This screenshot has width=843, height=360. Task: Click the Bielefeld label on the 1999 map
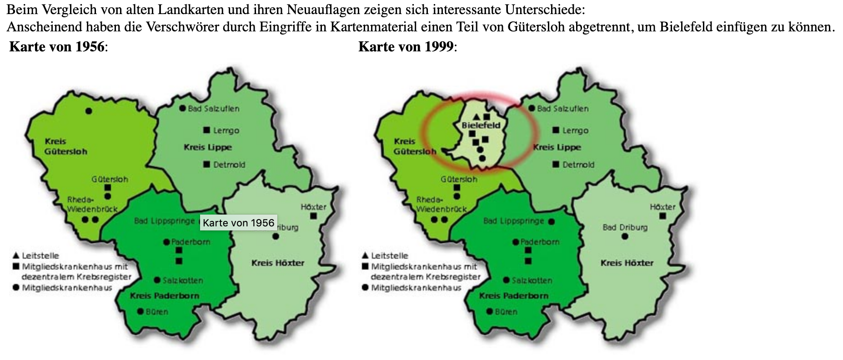[x=481, y=125]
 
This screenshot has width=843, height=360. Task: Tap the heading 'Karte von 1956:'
[x=58, y=47]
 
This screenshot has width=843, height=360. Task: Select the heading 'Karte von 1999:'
[x=407, y=47]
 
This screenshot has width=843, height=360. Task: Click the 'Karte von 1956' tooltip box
[x=238, y=223]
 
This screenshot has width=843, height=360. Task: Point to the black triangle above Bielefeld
[x=476, y=117]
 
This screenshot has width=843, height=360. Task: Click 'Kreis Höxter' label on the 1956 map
[x=277, y=263]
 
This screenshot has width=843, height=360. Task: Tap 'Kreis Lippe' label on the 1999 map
[x=557, y=147]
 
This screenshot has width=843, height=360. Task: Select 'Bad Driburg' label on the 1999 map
[x=625, y=227]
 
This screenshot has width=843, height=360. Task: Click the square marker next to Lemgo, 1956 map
[x=206, y=130]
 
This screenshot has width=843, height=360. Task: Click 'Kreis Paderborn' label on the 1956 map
[x=165, y=295]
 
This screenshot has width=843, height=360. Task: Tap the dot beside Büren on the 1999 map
[x=490, y=311]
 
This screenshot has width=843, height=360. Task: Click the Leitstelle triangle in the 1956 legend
[x=16, y=255]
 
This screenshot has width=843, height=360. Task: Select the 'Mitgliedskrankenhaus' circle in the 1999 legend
[x=365, y=287]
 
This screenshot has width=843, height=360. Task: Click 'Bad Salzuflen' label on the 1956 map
[x=213, y=109]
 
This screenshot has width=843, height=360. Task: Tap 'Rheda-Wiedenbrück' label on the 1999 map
[x=441, y=205]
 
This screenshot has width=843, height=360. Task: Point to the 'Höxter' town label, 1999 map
[x=662, y=207]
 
